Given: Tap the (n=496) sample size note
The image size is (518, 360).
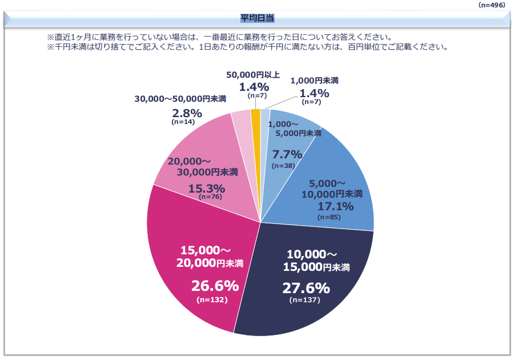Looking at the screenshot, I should point(495,5).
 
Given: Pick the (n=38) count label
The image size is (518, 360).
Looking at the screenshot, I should point(283,165).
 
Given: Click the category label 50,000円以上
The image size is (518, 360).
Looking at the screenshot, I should point(253,75).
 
